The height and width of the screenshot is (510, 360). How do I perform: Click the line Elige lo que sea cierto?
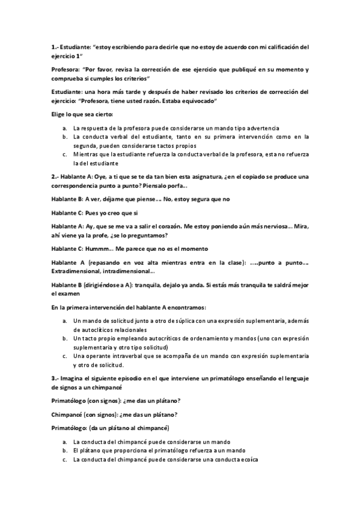(x=82, y=114)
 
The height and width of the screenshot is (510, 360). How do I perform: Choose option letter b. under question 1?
(x=64, y=137)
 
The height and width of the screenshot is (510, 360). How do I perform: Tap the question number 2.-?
(x=55, y=176)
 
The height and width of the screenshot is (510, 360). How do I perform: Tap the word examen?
(x=61, y=293)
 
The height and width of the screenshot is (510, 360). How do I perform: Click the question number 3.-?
(x=55, y=378)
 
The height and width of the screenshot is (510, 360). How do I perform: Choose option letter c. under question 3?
(x=64, y=459)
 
